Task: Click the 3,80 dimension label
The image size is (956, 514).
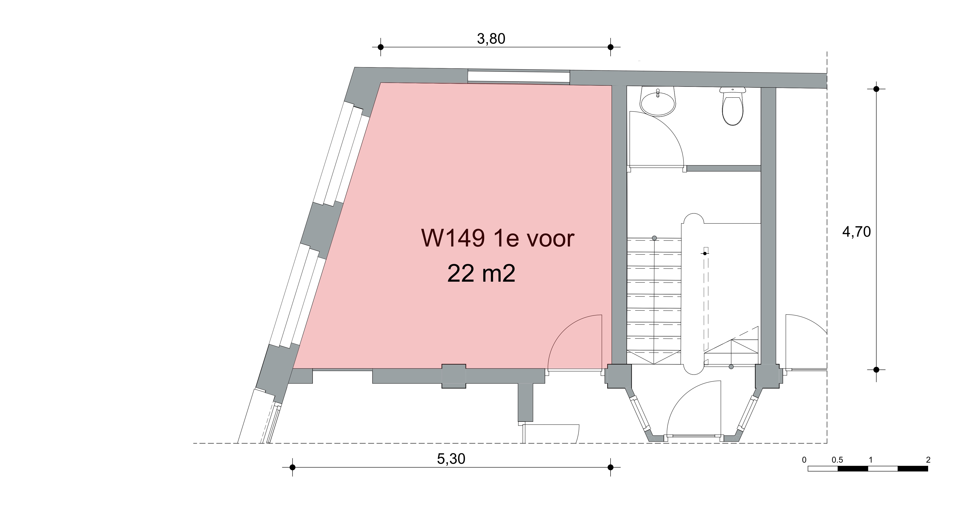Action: pos(491,39)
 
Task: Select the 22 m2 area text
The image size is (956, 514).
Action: pos(481,273)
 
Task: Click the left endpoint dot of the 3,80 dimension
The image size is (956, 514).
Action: pos(380,47)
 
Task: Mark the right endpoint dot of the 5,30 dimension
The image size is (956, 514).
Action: pos(611,467)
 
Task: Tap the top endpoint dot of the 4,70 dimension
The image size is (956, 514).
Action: pos(876,89)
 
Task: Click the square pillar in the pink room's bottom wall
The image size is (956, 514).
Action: pos(454,376)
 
